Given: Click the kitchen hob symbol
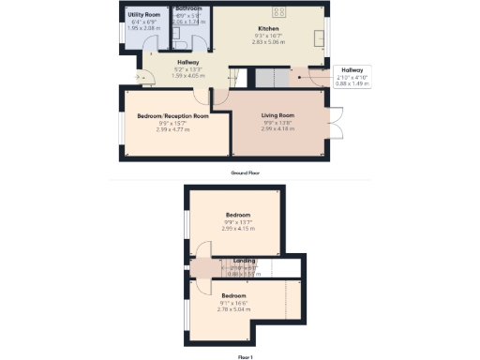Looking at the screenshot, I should [279, 11].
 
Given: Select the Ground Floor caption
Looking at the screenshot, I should [244, 173].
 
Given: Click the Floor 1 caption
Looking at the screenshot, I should [244, 356].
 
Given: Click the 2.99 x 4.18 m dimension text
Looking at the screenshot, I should [278, 127].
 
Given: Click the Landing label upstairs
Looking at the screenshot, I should [245, 260].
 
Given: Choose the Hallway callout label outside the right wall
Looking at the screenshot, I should [352, 69].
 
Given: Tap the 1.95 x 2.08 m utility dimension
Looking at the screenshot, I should [144, 29].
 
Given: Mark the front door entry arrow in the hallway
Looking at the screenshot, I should [138, 78].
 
